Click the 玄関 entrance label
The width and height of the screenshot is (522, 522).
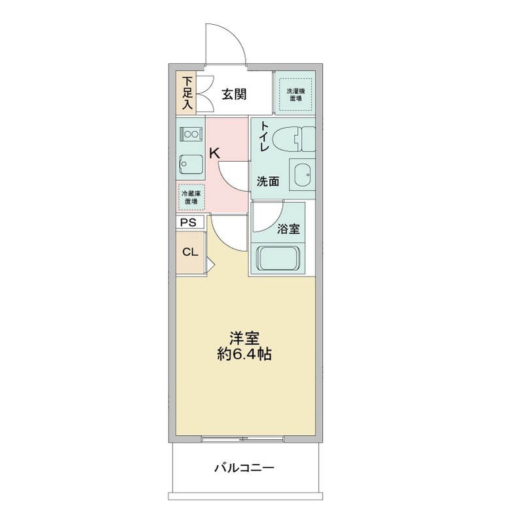(x=233, y=94)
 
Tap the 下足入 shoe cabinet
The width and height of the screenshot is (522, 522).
(x=188, y=93)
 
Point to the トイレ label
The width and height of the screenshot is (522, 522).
(x=265, y=137)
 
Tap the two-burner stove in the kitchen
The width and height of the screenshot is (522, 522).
(x=191, y=134)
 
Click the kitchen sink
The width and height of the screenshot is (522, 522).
(x=191, y=163)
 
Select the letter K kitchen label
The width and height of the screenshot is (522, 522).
(x=214, y=153)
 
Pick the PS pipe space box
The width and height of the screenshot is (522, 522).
(x=189, y=223)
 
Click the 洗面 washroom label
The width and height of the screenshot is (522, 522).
(x=267, y=181)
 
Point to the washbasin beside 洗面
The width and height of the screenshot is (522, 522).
(x=302, y=175)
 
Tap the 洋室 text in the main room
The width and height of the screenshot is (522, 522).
(x=245, y=339)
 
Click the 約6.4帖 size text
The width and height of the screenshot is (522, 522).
(x=245, y=356)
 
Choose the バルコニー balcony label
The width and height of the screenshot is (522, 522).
(x=243, y=468)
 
